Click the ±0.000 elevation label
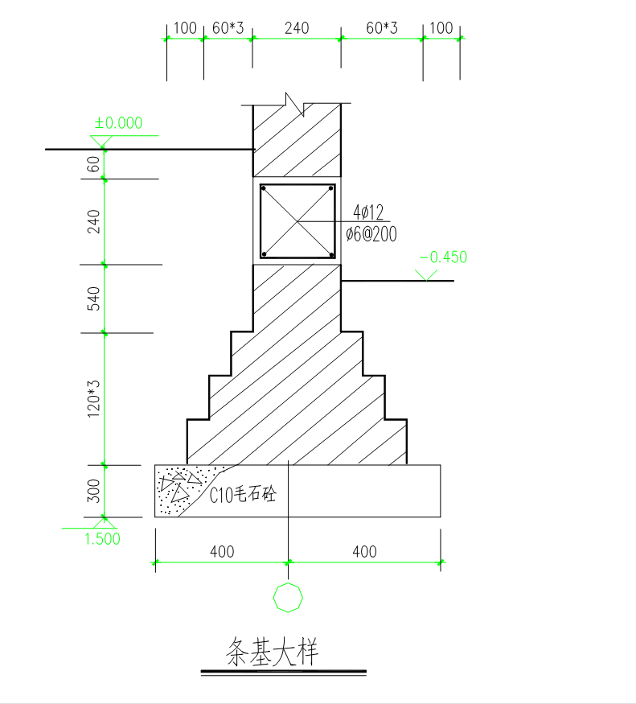point(118,122)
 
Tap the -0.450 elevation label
point(443,257)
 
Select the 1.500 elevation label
point(103,539)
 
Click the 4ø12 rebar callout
point(368,212)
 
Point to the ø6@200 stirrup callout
point(371,234)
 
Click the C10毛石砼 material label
point(243,494)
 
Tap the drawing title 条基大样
point(272,652)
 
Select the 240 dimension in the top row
point(297,28)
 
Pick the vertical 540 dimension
point(93,298)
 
